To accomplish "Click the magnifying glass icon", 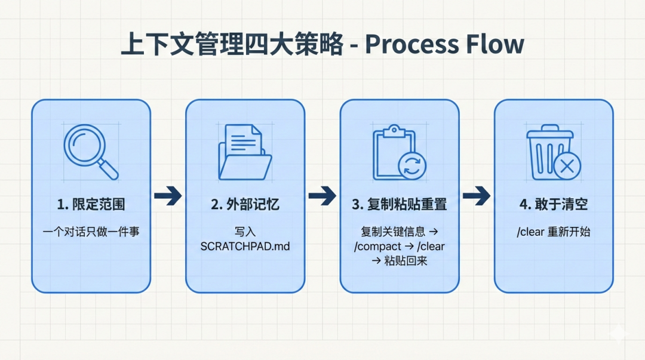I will pyautogui.click(x=90, y=150).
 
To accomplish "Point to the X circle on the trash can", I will pyautogui.click(x=567, y=166).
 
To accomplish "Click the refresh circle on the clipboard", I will pyautogui.click(x=412, y=166).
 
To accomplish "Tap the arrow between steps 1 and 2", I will pyautogui.click(x=168, y=195).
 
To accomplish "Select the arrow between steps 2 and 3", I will pyautogui.click(x=322, y=195).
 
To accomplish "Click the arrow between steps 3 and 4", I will pyautogui.click(x=476, y=195).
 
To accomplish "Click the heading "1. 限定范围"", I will pyautogui.click(x=91, y=204).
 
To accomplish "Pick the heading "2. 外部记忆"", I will pyautogui.click(x=245, y=204).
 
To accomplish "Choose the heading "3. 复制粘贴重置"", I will pyautogui.click(x=399, y=204).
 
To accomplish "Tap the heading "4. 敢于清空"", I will pyautogui.click(x=553, y=204).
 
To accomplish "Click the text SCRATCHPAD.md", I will pyautogui.click(x=245, y=245).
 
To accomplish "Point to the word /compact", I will pyautogui.click(x=377, y=246).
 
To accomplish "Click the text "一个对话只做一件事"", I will pyautogui.click(x=91, y=232).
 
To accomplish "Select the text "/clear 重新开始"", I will pyautogui.click(x=553, y=232).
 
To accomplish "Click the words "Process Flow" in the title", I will pyautogui.click(x=444, y=45).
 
